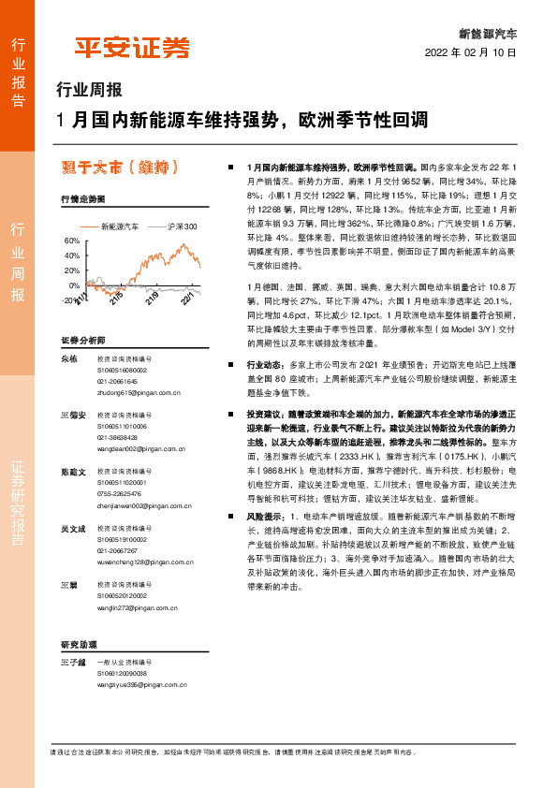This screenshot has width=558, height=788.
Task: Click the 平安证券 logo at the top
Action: pos(132,48)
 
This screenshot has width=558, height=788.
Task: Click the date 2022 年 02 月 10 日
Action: pos(471,52)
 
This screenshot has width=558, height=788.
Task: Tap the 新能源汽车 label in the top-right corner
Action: pos(487,32)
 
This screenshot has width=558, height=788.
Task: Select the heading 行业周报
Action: pos(90,91)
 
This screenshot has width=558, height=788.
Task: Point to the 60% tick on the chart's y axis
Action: pos(71,241)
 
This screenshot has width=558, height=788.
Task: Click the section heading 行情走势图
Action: pos(82,199)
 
